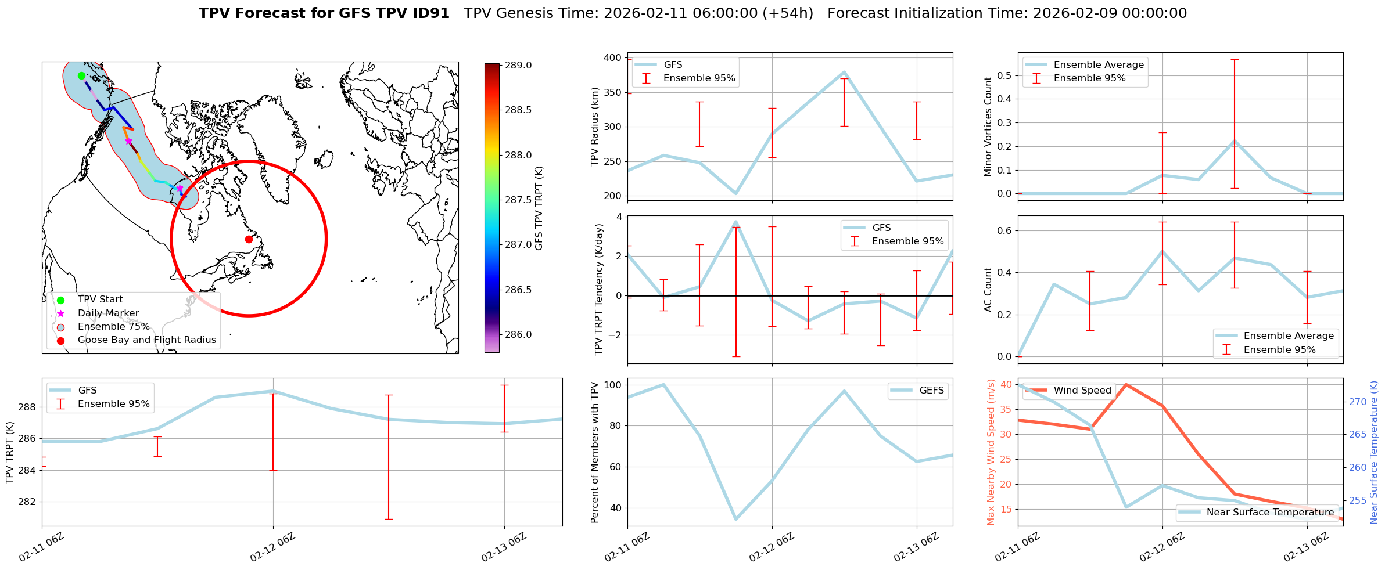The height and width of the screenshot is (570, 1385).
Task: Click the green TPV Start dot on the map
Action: point(81,75)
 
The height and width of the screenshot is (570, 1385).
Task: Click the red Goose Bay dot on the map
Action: point(249,239)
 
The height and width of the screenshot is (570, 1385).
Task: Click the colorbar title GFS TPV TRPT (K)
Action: point(539,208)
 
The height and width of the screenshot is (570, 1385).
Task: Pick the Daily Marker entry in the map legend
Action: point(108,313)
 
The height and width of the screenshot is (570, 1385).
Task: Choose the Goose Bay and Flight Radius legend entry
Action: point(146,340)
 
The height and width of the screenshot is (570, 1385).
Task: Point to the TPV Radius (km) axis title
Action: point(594,127)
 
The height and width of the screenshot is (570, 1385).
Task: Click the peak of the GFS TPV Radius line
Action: point(844,72)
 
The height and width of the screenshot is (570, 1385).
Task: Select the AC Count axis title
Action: point(988,290)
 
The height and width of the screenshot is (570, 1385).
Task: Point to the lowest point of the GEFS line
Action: point(735,520)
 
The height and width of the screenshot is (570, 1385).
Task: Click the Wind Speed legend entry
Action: point(1082,390)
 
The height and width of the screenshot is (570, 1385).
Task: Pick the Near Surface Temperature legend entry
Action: point(1269,512)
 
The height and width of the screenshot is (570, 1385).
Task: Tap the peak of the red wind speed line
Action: point(1126,384)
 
